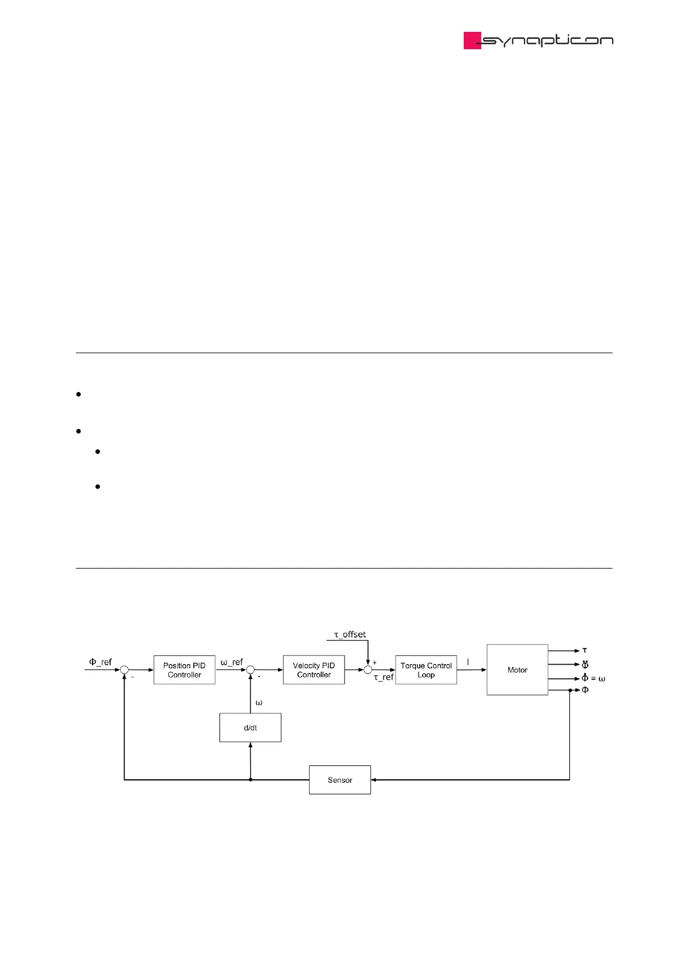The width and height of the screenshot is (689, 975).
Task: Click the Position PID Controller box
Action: pyautogui.click(x=184, y=670)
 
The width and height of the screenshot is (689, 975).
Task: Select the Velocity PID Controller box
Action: pyautogui.click(x=314, y=670)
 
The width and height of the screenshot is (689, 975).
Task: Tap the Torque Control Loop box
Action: pyautogui.click(x=426, y=670)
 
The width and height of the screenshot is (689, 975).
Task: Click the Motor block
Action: pyautogui.click(x=517, y=670)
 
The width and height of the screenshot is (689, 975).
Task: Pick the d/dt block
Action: pyautogui.click(x=250, y=728)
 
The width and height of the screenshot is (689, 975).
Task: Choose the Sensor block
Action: pyautogui.click(x=340, y=780)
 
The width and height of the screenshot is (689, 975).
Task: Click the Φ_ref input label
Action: pyautogui.click(x=100, y=662)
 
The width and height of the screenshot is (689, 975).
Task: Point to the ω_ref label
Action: pyautogui.click(x=232, y=662)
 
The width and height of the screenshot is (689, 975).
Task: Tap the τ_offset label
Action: pyautogui.click(x=350, y=635)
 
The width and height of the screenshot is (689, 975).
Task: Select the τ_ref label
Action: pyautogui.click(x=383, y=677)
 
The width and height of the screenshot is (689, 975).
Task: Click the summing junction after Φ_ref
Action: pyautogui.click(x=124, y=670)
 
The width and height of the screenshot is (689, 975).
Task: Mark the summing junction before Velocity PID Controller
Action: pyautogui.click(x=251, y=670)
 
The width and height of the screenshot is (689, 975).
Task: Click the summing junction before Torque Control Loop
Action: pyautogui.click(x=368, y=670)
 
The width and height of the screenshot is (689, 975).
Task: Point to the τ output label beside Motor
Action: pyautogui.click(x=585, y=650)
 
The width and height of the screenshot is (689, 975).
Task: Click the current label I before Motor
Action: pyautogui.click(x=468, y=662)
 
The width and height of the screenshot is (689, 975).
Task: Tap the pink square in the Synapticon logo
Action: pyautogui.click(x=472, y=41)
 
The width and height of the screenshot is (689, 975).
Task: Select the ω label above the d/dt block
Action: pyautogui.click(x=259, y=703)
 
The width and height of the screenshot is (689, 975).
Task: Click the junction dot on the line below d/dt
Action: pyautogui.click(x=251, y=780)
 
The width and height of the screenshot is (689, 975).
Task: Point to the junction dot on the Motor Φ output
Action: pyautogui.click(x=570, y=690)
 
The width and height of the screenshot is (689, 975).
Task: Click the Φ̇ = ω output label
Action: pyautogui.click(x=593, y=678)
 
